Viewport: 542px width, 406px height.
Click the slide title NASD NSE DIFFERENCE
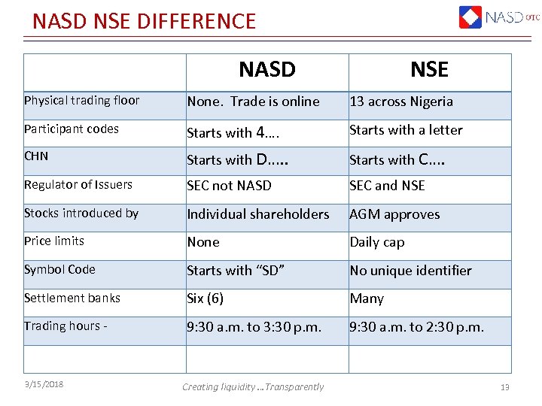[x=144, y=20]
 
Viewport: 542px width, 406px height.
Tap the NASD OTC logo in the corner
[x=498, y=17]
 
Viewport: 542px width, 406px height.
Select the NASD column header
[x=266, y=71]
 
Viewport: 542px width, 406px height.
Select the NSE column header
[x=429, y=71]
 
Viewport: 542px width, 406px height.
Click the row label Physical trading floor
[x=81, y=101]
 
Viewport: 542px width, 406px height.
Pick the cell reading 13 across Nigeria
[x=401, y=101]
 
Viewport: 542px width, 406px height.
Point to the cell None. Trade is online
[x=253, y=101]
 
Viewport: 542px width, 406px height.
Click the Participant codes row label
[x=72, y=129]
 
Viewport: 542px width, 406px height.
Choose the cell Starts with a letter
[x=406, y=130]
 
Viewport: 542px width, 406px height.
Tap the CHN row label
[x=36, y=157]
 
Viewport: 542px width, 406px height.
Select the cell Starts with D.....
[x=239, y=159]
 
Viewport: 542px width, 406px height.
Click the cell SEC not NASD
[x=229, y=186]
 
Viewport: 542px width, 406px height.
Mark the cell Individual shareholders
[x=258, y=214]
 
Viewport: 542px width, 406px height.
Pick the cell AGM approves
[x=394, y=215]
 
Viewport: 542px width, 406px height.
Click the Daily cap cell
[x=377, y=242]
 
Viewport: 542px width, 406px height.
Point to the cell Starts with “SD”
[x=236, y=271]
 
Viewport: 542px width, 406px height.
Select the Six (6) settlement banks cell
[x=206, y=298]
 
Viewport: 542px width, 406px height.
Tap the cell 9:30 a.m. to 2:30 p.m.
[x=416, y=327]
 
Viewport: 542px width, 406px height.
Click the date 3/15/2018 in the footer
[x=44, y=385]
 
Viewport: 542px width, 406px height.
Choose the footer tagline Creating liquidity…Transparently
[x=253, y=386]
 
